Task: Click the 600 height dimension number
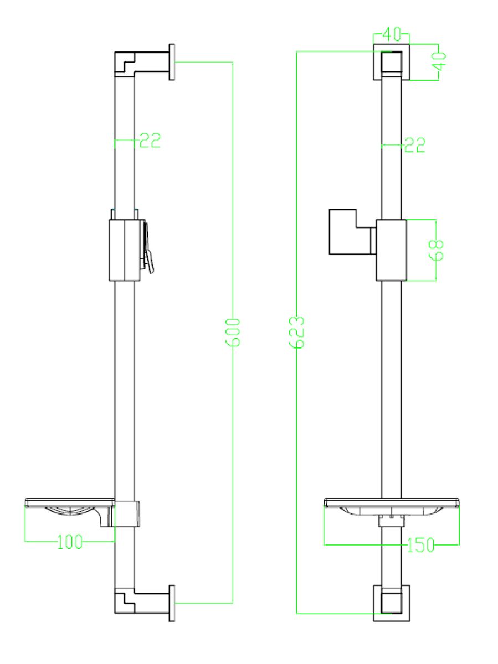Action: (x=233, y=332)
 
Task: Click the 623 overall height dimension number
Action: (x=296, y=332)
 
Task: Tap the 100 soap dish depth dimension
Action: (x=70, y=542)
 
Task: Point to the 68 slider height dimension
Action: (x=437, y=250)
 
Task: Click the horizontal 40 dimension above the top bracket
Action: (x=392, y=34)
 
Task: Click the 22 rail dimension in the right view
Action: (x=415, y=145)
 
